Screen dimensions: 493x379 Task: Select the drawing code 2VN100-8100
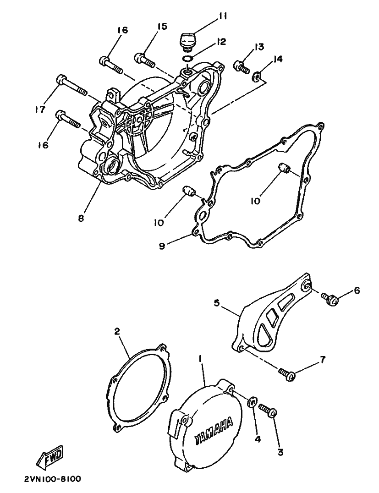point(52,479)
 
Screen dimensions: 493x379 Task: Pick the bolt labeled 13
point(241,67)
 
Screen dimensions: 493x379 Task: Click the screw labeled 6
point(330,299)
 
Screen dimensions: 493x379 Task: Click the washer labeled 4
point(252,402)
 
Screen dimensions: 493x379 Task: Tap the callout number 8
point(81,219)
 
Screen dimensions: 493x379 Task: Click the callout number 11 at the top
point(223,16)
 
